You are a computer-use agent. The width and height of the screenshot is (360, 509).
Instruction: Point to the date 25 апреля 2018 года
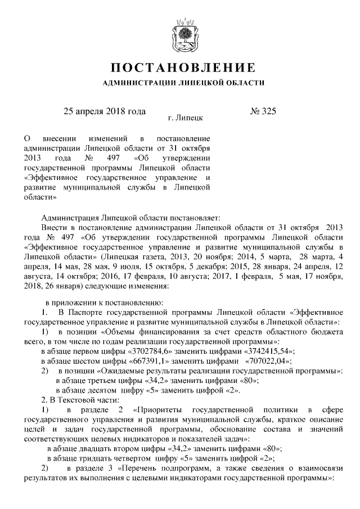tap(105, 111)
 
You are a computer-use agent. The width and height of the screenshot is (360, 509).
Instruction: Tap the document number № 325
tap(262, 111)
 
